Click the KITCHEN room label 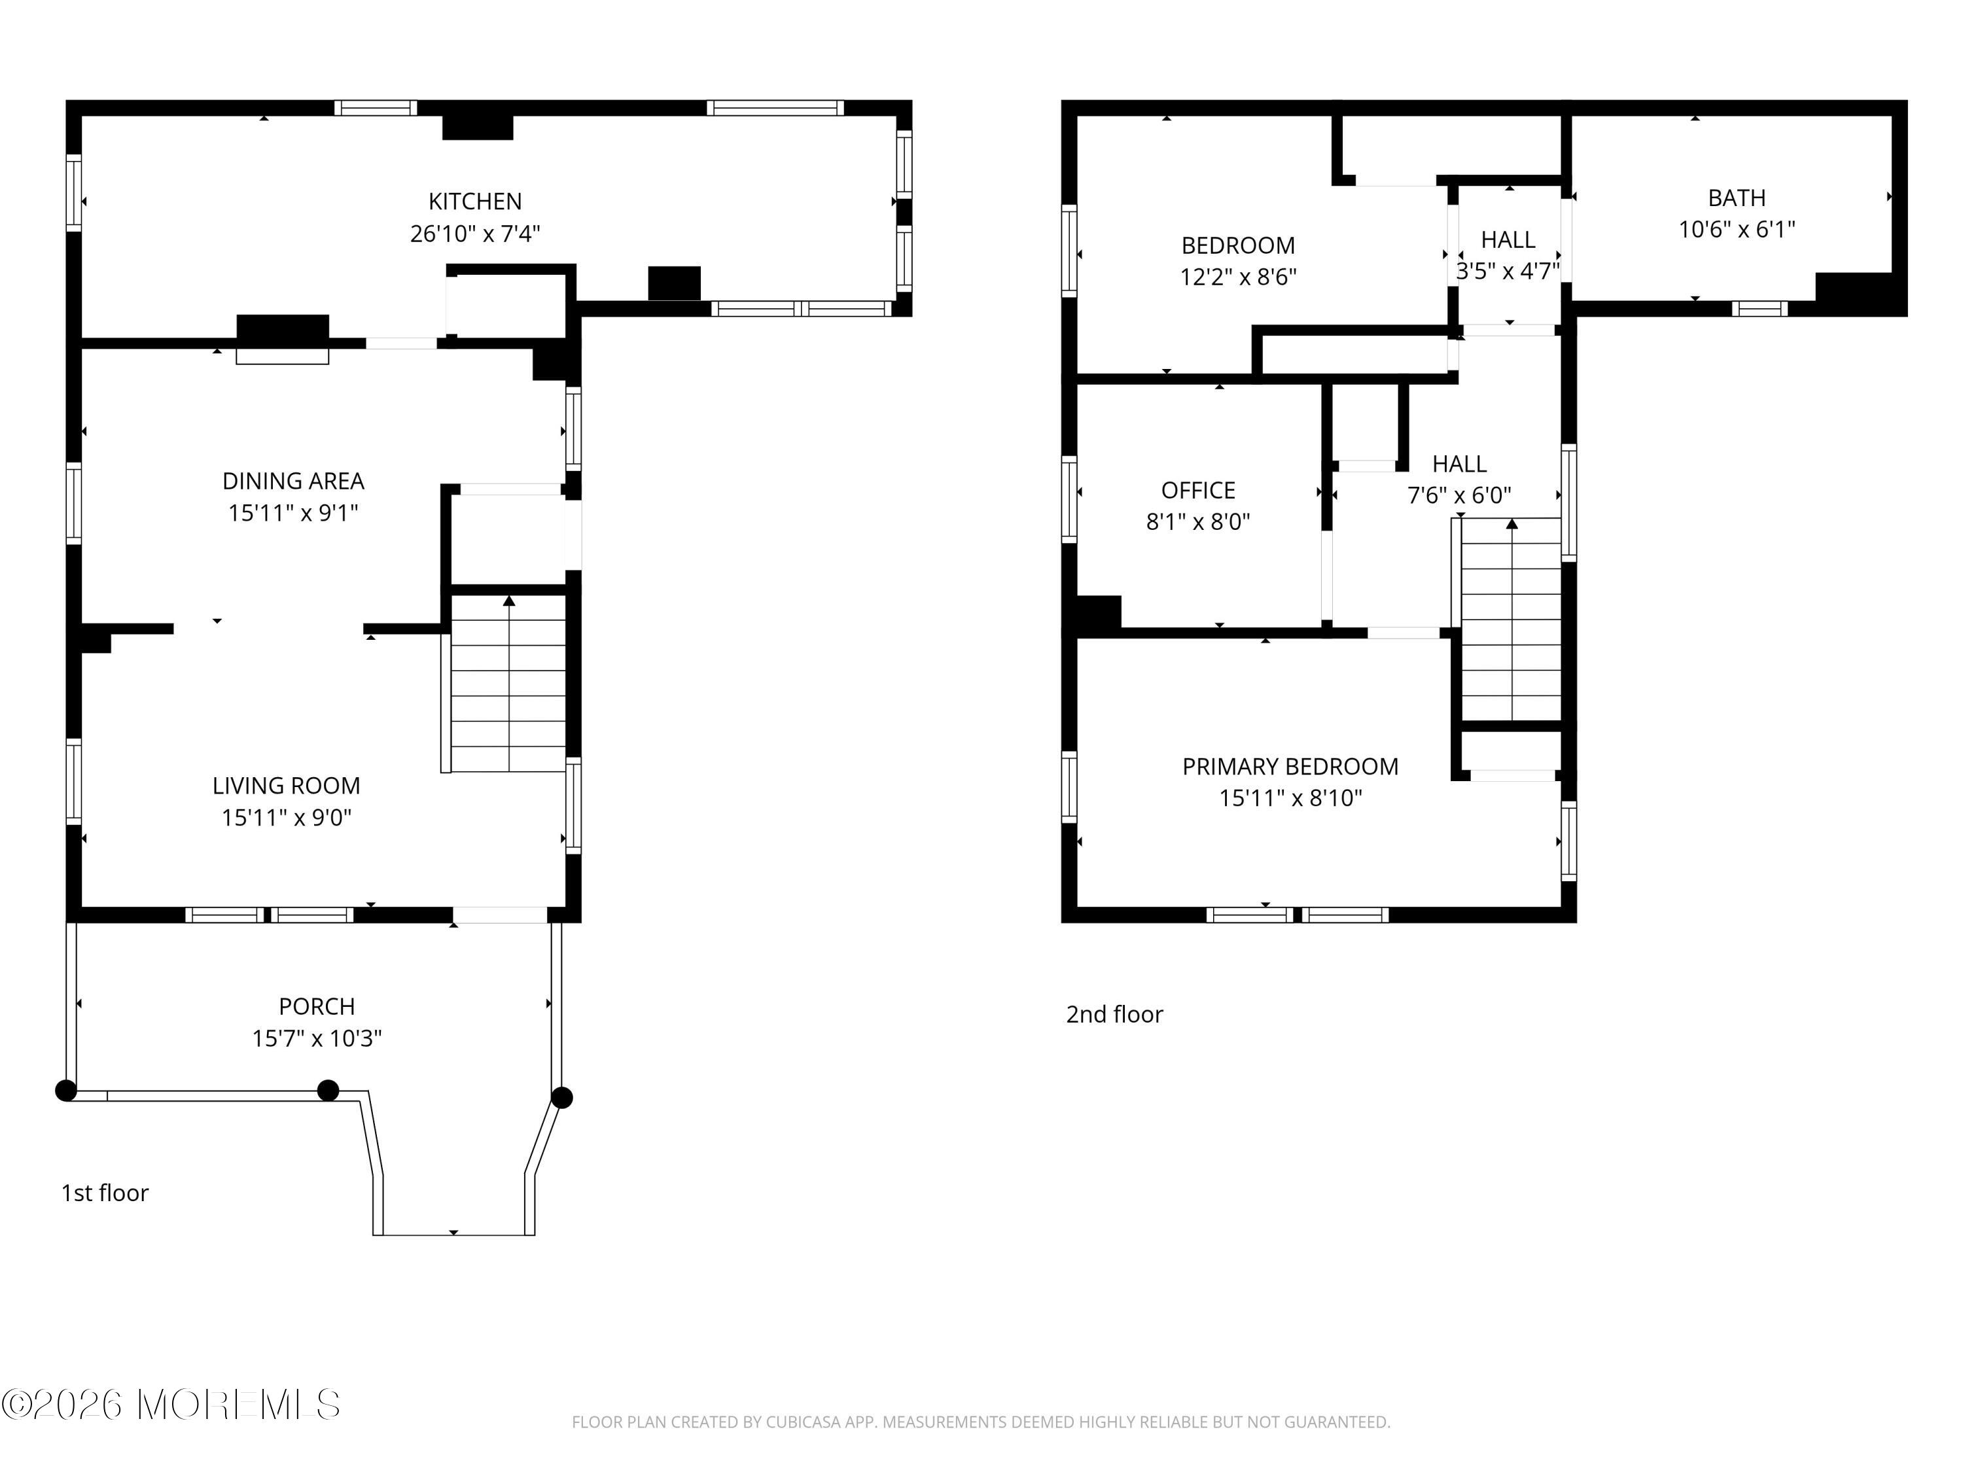coord(475,202)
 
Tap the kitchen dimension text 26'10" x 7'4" coord(475,234)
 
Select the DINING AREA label coord(293,481)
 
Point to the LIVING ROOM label coord(286,785)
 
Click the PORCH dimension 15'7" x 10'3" coord(317,1038)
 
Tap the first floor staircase coord(508,683)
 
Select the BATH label coord(1737,198)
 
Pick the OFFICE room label coord(1198,491)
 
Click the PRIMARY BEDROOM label coord(1290,767)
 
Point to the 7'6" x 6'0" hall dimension coord(1459,495)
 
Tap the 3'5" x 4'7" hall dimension coord(1508,271)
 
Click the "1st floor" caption coord(105,1193)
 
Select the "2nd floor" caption coord(1114,1014)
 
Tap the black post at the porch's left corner coord(65,1091)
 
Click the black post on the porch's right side coord(561,1098)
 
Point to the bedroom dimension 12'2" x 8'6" coord(1238,277)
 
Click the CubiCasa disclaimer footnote coord(981,1422)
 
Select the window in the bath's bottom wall coord(1759,309)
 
